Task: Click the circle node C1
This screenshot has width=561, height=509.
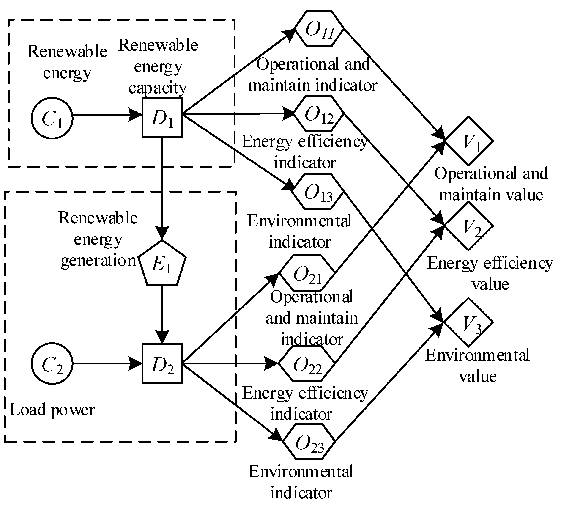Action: tap(52, 118)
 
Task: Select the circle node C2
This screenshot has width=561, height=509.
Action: tap(52, 364)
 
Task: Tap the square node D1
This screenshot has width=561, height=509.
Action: tap(162, 118)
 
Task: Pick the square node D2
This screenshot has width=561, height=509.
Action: tap(162, 364)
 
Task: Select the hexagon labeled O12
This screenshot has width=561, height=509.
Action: tap(319, 114)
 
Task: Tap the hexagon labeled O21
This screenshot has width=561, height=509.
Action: tap(307, 273)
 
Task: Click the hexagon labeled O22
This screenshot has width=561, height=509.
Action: tap(307, 364)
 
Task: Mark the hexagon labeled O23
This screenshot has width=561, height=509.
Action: tap(309, 442)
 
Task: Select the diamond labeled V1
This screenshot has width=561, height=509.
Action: tap(469, 141)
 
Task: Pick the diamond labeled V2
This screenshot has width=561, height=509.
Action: tap(469, 226)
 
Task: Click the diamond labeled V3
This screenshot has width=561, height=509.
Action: tap(469, 322)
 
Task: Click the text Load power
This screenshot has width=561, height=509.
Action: tap(52, 410)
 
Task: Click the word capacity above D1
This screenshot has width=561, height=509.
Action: tap(158, 88)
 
